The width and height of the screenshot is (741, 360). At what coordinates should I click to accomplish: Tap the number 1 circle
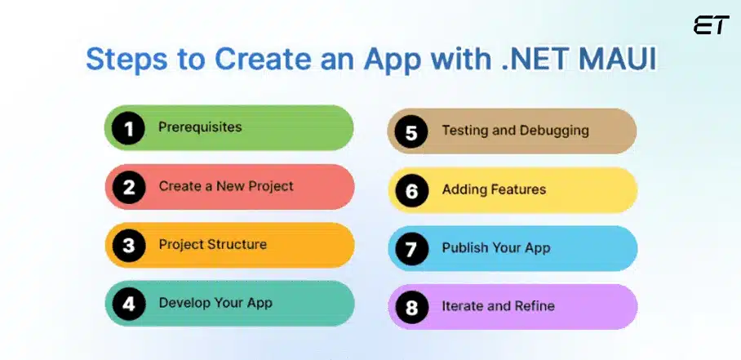(x=128, y=128)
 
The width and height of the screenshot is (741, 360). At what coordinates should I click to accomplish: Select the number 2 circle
(x=128, y=187)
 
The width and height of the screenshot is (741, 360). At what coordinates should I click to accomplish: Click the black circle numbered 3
(x=128, y=245)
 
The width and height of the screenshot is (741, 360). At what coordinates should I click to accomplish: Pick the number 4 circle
(x=128, y=303)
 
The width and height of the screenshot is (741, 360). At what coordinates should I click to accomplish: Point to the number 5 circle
(x=411, y=131)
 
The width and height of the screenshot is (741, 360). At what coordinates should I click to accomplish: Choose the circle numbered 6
(x=411, y=190)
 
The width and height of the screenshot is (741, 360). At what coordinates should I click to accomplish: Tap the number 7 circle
(x=411, y=248)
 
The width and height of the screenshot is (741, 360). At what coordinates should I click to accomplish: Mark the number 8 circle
(x=411, y=307)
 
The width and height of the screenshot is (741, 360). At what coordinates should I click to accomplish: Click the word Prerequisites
(x=200, y=127)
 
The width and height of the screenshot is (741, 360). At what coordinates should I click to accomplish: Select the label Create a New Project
(x=226, y=186)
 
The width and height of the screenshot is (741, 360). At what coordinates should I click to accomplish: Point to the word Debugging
(x=552, y=130)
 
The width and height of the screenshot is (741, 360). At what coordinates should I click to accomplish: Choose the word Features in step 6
(x=518, y=189)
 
